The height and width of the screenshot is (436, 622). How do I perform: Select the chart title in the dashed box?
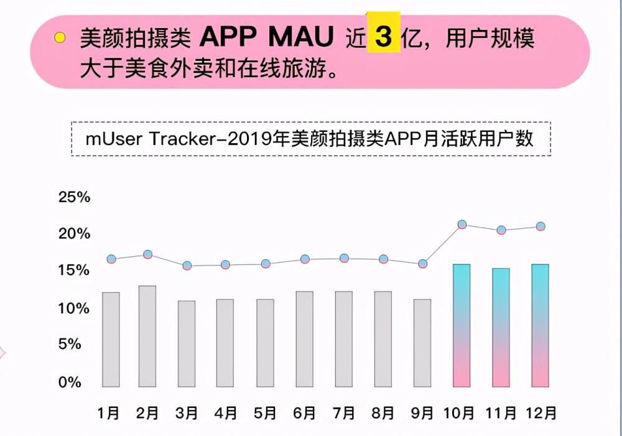310,138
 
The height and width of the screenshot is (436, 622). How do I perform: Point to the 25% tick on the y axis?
74,198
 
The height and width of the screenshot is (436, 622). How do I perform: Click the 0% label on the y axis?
70,383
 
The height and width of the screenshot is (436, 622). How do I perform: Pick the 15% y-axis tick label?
74,271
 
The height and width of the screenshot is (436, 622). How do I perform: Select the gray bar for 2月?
147,336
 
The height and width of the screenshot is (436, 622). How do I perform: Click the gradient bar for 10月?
462,325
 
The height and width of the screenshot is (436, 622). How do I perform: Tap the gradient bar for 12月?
540,325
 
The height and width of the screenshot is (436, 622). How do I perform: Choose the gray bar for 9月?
422,343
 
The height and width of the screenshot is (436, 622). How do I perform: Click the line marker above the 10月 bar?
462,225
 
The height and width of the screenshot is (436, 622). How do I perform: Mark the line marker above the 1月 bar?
111,259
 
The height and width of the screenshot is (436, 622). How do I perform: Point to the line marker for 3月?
187,266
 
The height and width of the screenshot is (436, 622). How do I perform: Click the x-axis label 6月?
305,413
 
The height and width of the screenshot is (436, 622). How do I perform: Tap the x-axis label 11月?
501,413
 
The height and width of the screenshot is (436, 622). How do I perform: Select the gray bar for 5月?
265,343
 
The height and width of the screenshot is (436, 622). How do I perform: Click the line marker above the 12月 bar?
541,226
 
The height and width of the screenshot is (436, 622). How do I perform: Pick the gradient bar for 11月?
501,327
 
